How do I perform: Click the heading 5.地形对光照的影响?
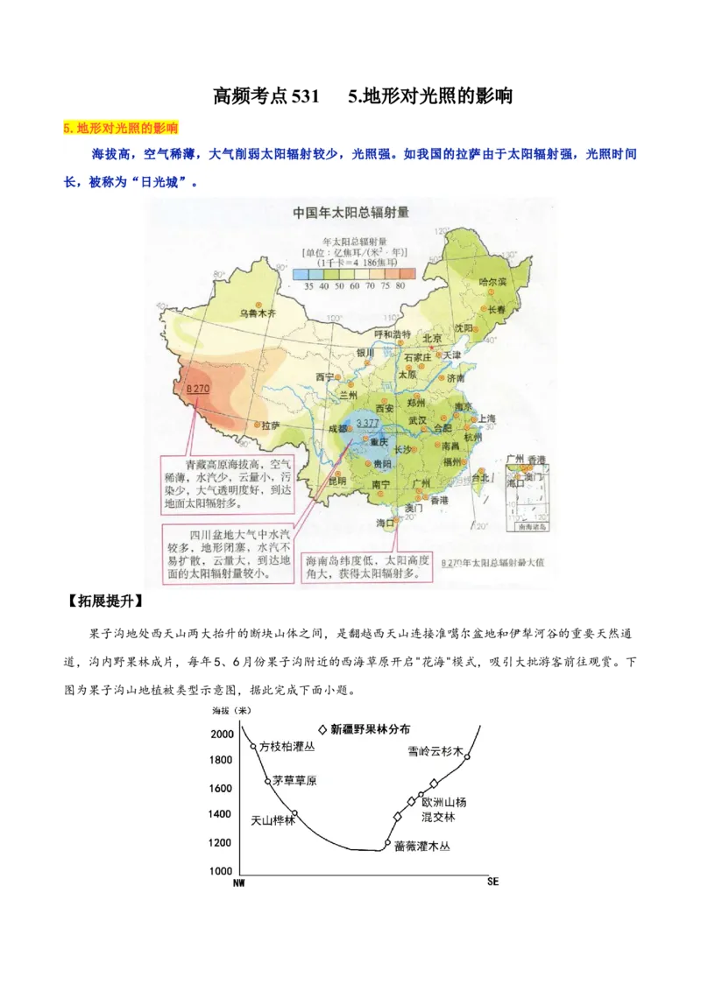tap(120, 128)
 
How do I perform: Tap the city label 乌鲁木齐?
tap(258, 313)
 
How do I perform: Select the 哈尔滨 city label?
tap(494, 282)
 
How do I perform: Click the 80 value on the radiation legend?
tap(401, 285)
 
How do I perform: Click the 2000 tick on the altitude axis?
tap(222, 734)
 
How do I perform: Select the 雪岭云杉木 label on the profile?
tap(434, 751)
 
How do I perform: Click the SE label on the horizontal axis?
tap(492, 882)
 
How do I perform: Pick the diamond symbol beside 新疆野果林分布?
tap(322, 728)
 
